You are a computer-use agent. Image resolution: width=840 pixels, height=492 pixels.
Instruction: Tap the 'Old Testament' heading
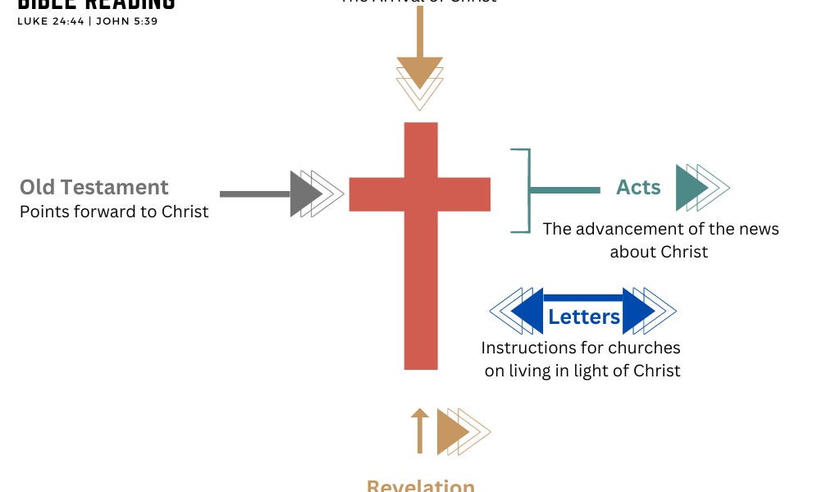[94, 187]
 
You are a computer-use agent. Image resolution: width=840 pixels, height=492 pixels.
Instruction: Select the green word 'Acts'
[638, 188]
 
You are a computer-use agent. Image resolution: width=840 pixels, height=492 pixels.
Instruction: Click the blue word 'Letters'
[583, 317]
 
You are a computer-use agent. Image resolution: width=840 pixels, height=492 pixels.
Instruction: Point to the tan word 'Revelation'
[420, 485]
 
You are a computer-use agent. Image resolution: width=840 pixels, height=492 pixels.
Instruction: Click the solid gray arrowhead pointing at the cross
[304, 194]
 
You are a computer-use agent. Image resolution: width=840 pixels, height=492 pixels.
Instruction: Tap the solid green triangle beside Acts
[689, 188]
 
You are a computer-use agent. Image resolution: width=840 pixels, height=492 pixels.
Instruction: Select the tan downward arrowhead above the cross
[420, 72]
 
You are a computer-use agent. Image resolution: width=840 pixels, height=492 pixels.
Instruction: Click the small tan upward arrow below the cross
[419, 430]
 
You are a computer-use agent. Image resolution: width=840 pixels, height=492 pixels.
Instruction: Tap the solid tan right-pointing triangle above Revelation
[450, 431]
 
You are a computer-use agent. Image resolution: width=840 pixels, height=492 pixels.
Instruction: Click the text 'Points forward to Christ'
[114, 212]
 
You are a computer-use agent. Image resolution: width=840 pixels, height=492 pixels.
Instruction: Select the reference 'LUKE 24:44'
[50, 21]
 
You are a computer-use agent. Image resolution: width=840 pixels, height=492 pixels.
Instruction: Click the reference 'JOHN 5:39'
[126, 21]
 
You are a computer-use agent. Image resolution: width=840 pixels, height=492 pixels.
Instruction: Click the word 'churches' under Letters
[642, 348]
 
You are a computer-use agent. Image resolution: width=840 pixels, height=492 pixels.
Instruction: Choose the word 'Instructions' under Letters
[529, 348]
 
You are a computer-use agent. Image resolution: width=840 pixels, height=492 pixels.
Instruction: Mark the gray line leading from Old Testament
[255, 194]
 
